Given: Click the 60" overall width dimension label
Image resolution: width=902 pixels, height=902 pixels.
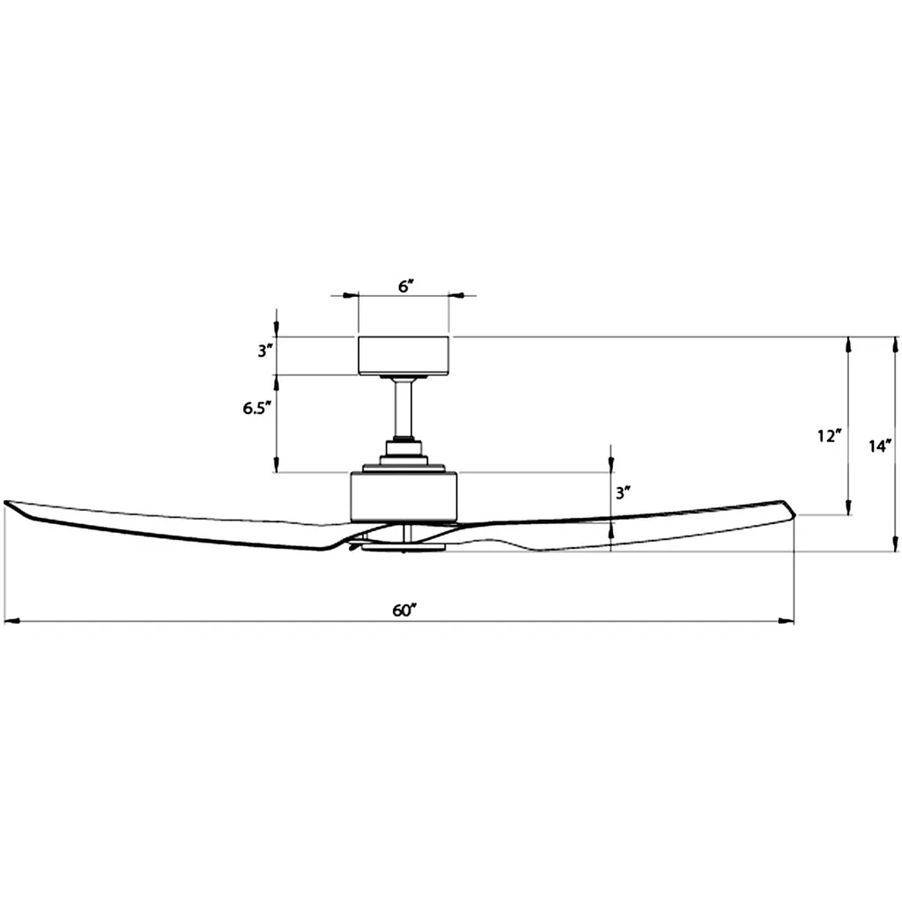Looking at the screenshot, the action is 404,610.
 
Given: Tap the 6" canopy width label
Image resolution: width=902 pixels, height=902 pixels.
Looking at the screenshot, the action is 406,286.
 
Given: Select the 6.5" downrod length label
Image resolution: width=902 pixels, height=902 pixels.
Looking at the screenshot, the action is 256,409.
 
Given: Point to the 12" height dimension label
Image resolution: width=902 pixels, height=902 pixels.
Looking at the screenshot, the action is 830,436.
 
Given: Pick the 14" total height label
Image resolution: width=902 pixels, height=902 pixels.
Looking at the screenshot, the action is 880,446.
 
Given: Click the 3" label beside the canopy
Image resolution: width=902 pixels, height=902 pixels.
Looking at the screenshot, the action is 264,351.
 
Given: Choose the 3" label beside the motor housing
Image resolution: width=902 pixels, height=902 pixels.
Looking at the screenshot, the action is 624,493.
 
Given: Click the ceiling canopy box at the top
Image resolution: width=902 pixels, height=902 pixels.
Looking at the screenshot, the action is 403,356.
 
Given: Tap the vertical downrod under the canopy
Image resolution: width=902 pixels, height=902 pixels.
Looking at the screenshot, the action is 403,410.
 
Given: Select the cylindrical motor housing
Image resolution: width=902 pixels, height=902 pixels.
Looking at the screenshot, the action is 403,498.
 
